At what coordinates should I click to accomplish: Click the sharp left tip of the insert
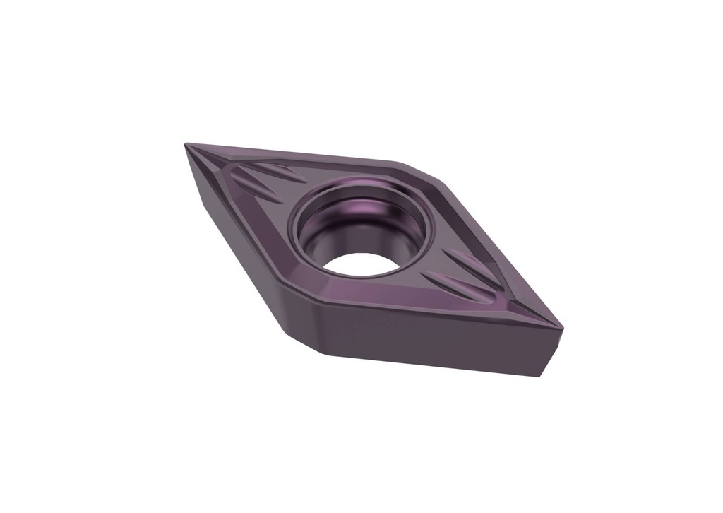pyautogui.click(x=186, y=146)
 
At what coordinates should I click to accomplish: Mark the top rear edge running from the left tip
pyautogui.click(x=297, y=153)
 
